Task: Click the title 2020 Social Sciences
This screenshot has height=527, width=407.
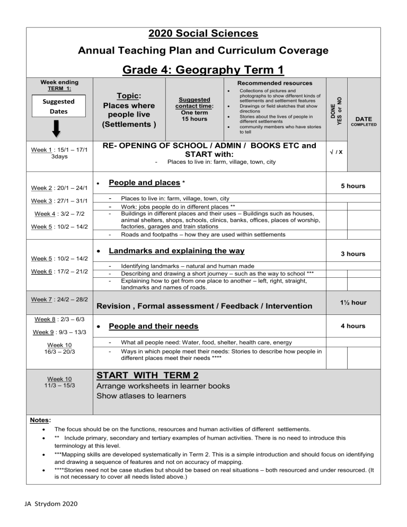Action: click(x=203, y=34)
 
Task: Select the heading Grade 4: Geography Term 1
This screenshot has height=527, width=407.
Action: click(x=203, y=70)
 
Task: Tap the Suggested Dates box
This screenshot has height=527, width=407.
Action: click(x=45, y=106)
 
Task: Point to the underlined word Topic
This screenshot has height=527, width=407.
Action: click(x=129, y=95)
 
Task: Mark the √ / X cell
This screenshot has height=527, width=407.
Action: click(x=334, y=152)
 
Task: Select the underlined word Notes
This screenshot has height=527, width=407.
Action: click(x=40, y=419)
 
